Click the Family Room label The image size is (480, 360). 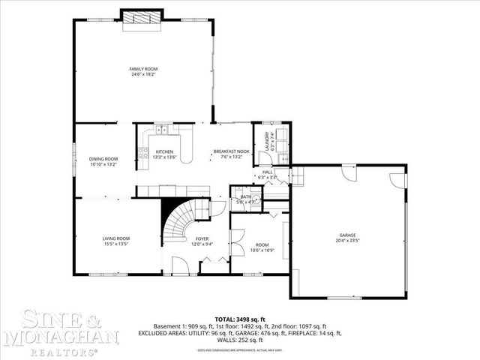[144, 69]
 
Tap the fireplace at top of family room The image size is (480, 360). [143, 19]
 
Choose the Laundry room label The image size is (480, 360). [267, 143]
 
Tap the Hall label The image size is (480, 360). [268, 172]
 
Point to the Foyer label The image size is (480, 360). [202, 238]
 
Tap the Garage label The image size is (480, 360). [346, 235]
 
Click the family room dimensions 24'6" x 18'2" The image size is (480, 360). [144, 74]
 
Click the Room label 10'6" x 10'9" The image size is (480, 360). [262, 244]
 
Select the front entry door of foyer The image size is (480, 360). [180, 265]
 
